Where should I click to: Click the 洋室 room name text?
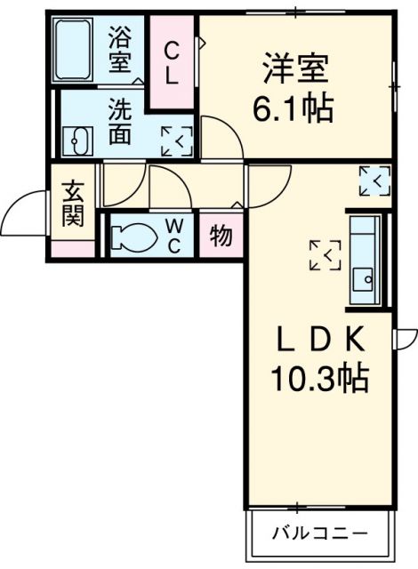point(295,68)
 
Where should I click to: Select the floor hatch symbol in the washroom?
point(175,140)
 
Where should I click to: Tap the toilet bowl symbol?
point(135,237)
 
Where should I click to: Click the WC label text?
point(173,236)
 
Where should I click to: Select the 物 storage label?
point(221,237)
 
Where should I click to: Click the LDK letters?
point(319,341)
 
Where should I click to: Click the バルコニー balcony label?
point(318,536)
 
